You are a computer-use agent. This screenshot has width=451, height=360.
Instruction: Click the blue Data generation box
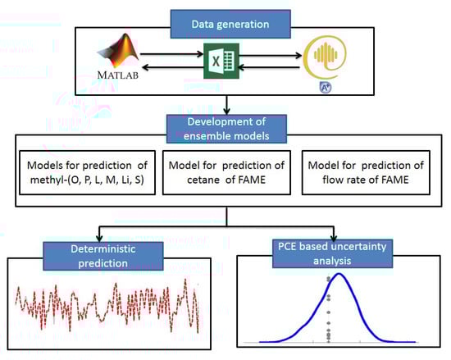[230, 24]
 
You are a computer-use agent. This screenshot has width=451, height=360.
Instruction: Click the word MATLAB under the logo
[117, 75]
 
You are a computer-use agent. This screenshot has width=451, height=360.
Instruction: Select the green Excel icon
[221, 61]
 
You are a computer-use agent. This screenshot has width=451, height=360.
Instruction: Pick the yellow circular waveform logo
[325, 57]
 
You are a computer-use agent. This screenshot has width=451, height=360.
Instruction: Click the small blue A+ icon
[326, 87]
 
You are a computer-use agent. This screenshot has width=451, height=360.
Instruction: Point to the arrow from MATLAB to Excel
[171, 54]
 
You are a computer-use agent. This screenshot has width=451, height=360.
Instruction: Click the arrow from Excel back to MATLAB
[172, 67]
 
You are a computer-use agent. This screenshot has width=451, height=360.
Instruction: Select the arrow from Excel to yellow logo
[271, 55]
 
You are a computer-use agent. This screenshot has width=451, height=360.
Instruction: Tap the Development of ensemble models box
[226, 129]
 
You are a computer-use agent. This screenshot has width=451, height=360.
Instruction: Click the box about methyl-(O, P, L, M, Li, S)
[87, 172]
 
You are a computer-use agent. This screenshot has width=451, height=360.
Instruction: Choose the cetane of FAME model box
[226, 172]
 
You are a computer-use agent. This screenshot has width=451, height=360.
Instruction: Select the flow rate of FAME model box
[366, 172]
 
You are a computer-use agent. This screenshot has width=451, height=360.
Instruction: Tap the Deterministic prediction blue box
[103, 256]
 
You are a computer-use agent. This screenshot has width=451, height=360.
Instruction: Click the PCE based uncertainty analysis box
[332, 253]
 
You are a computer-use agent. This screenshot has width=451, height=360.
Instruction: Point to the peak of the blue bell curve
[339, 273]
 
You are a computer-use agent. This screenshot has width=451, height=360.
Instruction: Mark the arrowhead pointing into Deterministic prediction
[99, 239]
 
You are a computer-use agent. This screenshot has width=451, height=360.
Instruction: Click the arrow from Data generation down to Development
[226, 105]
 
